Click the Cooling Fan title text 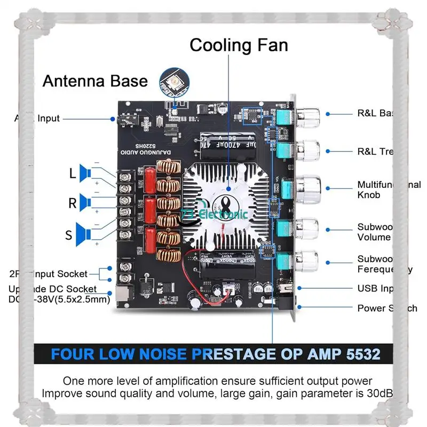[239, 45]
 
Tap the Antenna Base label [94, 81]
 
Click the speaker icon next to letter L [84, 172]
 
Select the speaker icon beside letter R [84, 202]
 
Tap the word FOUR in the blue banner [73, 354]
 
